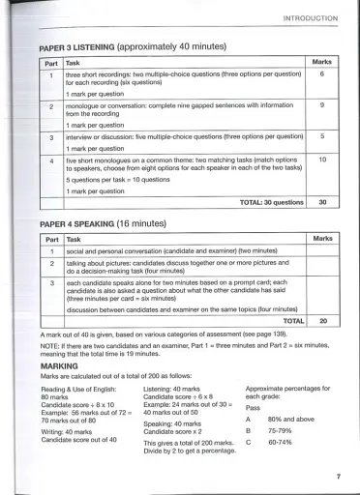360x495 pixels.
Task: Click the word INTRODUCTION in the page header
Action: (310, 18)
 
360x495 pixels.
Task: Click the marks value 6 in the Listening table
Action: (321, 73)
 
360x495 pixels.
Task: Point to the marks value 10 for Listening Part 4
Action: (321, 160)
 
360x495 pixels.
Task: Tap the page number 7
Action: (338, 477)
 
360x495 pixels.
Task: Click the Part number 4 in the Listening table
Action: (50, 160)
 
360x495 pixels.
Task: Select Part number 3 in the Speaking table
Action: (50, 282)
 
